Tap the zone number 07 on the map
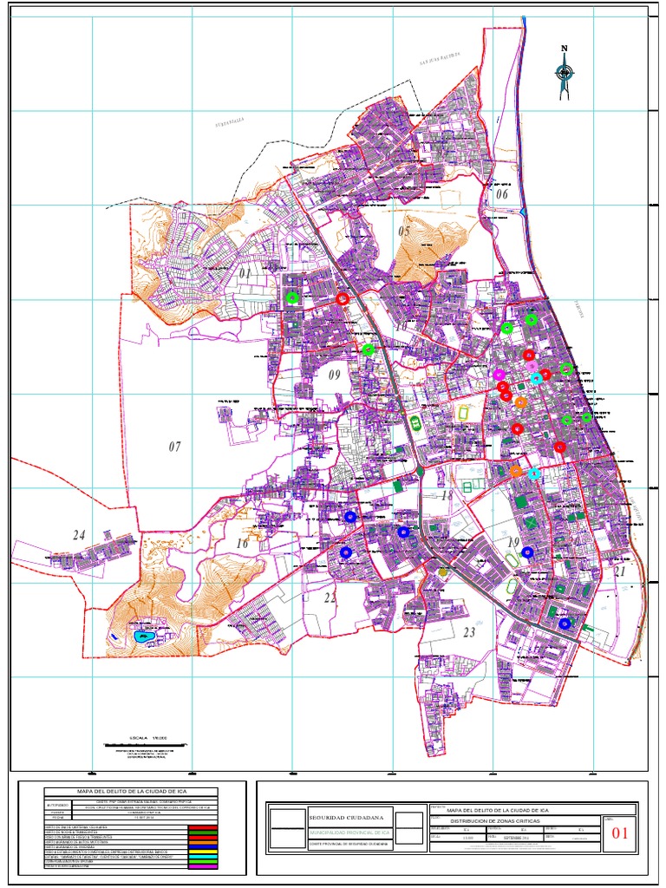coord(175,447)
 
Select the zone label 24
coord(79,535)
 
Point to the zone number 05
coord(404,232)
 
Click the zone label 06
coord(501,194)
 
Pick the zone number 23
coord(469,633)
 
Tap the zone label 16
coord(242,544)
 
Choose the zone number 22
coord(330,597)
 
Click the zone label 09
coord(335,375)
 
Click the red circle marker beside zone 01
coord(343,298)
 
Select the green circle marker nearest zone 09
coord(369,350)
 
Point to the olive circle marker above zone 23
coord(443,572)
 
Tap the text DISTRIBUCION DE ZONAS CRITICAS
coord(494,819)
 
